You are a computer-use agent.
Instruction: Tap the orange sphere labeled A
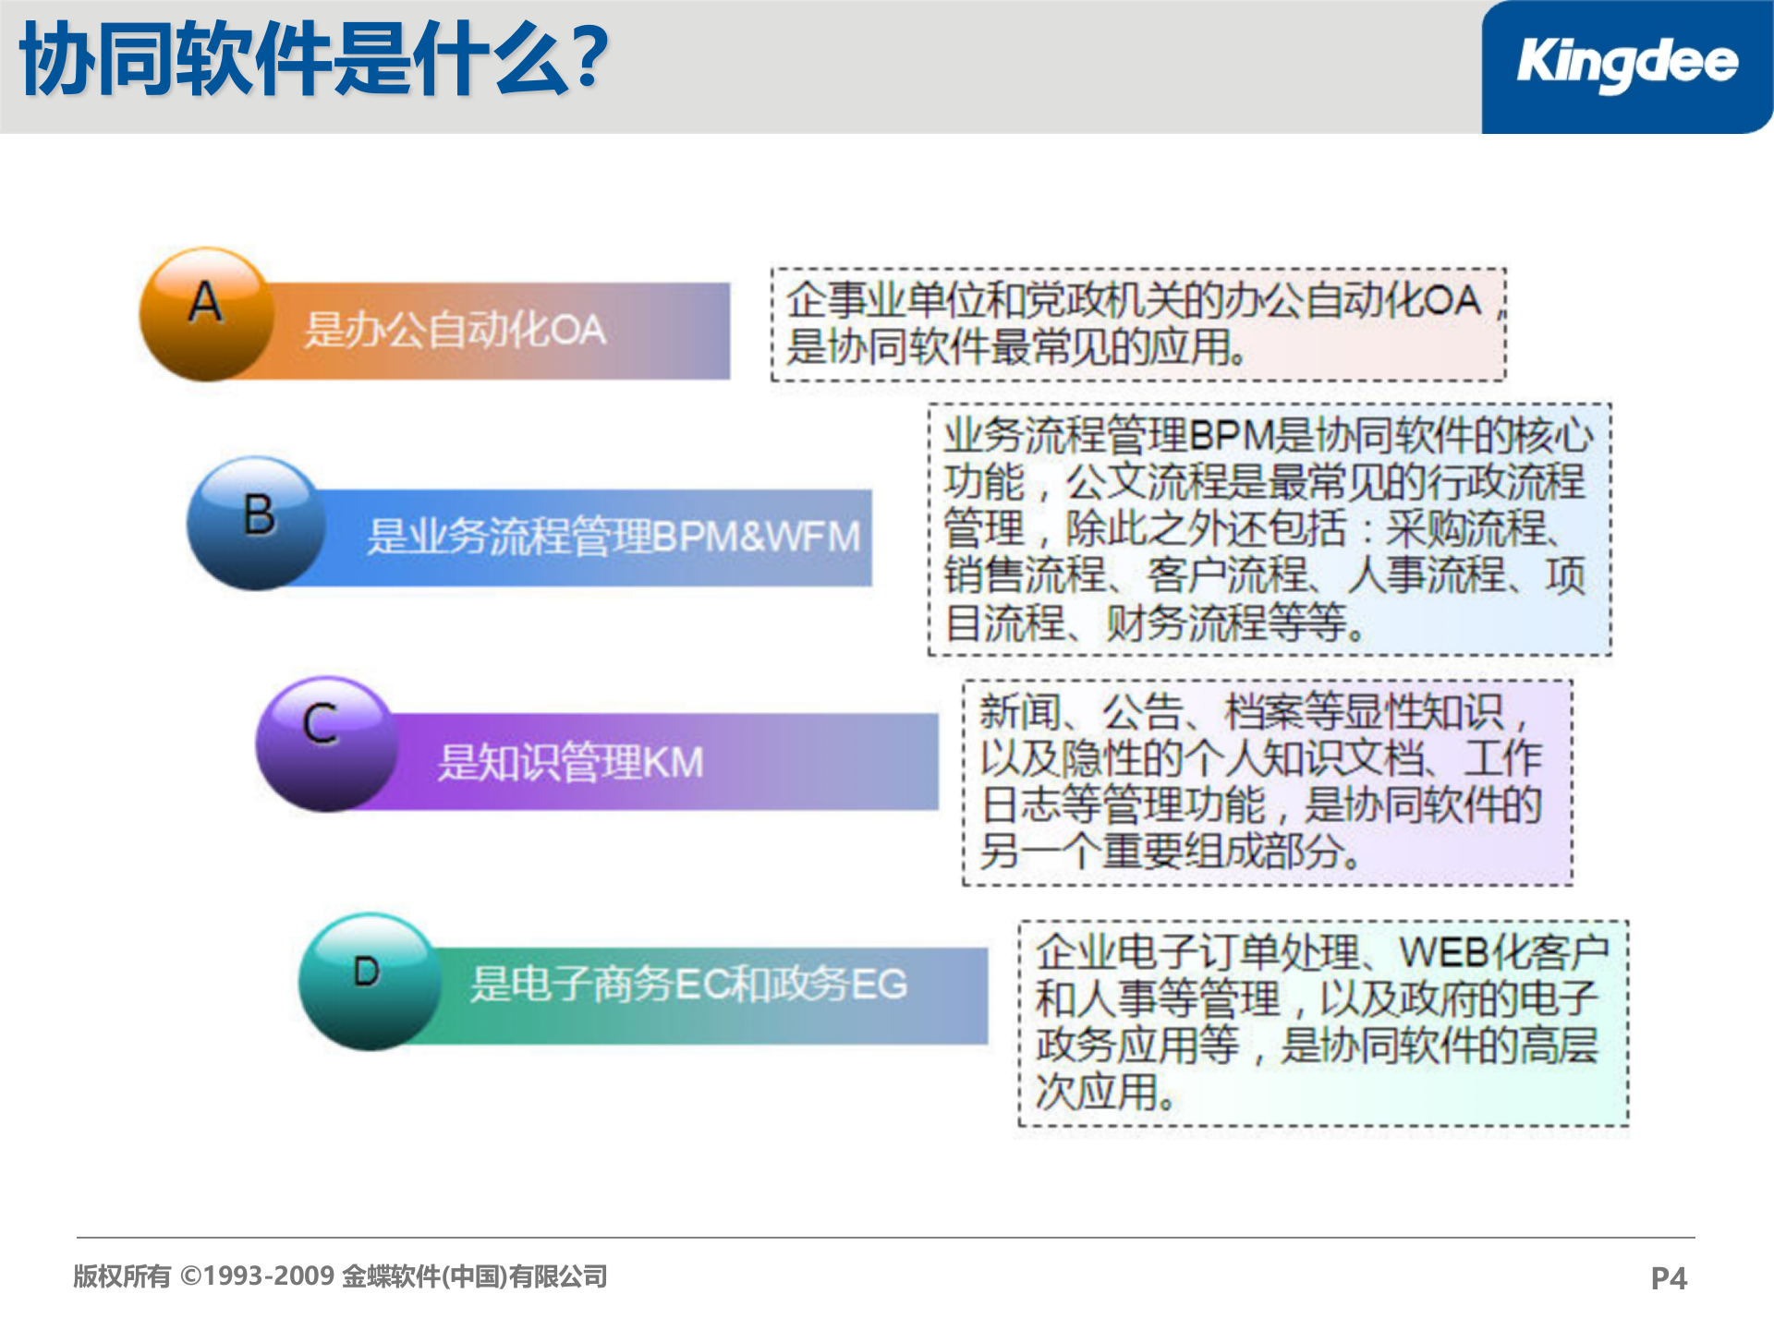[207, 314]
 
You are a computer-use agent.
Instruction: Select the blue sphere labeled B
[257, 524]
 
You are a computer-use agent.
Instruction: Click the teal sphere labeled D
[370, 981]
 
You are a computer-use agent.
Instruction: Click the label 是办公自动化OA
[455, 331]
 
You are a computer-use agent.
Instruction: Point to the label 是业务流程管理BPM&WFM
[614, 537]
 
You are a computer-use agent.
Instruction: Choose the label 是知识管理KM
[570, 763]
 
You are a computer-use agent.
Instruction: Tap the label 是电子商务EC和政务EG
[688, 985]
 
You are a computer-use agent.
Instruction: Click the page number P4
[1669, 1278]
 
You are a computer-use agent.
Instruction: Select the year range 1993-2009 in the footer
[269, 1276]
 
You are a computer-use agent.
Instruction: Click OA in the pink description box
[1452, 300]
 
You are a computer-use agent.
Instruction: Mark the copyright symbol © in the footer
[191, 1276]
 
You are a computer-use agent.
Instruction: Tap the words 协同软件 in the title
[176, 60]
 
